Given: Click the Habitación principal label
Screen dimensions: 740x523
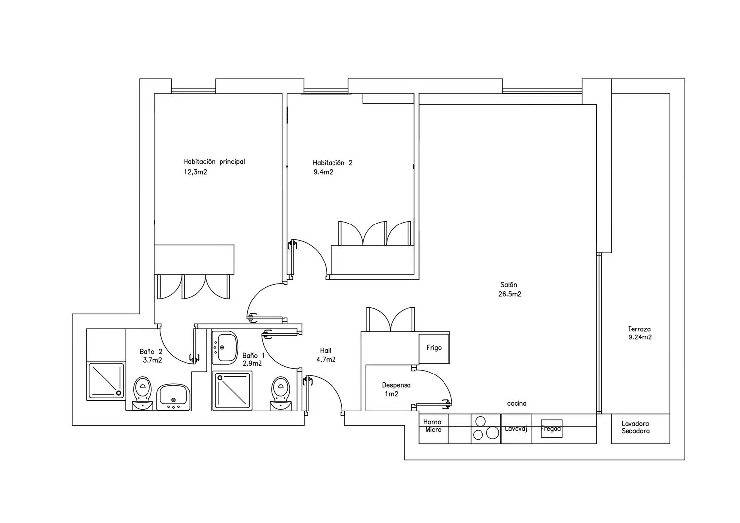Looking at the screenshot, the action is click(214, 162).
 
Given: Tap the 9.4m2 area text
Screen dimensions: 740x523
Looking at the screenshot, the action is click(323, 172).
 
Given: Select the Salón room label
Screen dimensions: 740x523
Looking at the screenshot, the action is click(509, 285).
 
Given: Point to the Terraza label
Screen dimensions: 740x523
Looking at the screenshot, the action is click(639, 329).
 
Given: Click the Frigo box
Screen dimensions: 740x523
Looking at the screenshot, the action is click(434, 348).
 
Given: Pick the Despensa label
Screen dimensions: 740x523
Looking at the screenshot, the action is click(397, 385).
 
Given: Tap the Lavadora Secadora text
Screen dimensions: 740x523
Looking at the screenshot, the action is click(635, 427).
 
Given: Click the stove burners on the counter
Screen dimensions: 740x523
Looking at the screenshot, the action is click(485, 428).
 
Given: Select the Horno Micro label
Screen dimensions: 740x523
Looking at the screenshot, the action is click(433, 426).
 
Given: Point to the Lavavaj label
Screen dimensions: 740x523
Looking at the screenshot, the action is click(516, 429).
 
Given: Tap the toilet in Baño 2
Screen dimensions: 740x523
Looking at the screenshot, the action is click(143, 393).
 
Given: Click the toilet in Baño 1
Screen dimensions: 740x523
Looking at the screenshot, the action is click(281, 393).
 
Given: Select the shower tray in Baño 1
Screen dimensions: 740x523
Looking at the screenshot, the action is click(232, 390).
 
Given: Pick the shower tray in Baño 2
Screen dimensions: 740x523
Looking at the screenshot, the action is click(106, 380).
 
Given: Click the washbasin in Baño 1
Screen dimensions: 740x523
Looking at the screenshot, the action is click(224, 347).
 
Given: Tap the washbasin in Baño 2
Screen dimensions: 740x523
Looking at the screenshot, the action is click(174, 397).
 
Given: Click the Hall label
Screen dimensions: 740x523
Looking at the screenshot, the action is click(326, 350).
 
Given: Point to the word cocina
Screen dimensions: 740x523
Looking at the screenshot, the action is click(517, 404).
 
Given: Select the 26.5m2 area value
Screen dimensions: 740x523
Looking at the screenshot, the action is click(510, 294).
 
